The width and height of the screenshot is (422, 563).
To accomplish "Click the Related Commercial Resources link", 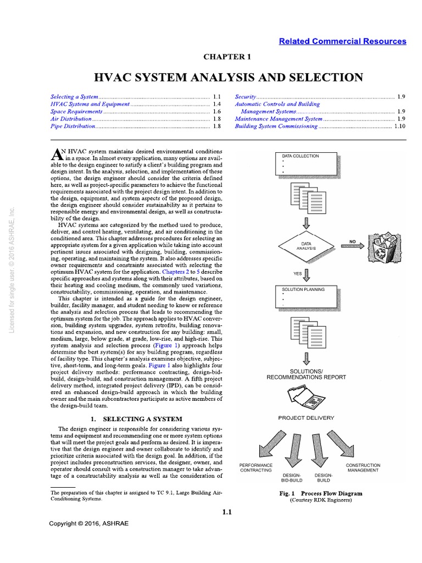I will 342,41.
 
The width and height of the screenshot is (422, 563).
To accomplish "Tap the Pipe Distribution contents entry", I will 73,126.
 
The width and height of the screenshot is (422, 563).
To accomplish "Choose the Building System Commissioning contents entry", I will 276,126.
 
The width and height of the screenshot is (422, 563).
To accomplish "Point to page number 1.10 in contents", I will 399,126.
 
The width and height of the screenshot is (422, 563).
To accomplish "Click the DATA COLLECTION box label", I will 300,156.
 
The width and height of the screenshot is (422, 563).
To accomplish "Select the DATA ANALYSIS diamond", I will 306,245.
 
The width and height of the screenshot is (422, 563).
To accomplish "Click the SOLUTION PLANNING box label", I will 303,289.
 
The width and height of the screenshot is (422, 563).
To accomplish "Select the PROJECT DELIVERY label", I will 306,418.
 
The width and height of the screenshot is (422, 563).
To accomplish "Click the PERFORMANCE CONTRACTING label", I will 256,468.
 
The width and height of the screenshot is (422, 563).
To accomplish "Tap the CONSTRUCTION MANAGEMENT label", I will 362,468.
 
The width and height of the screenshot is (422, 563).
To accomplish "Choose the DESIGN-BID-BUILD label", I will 292,477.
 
